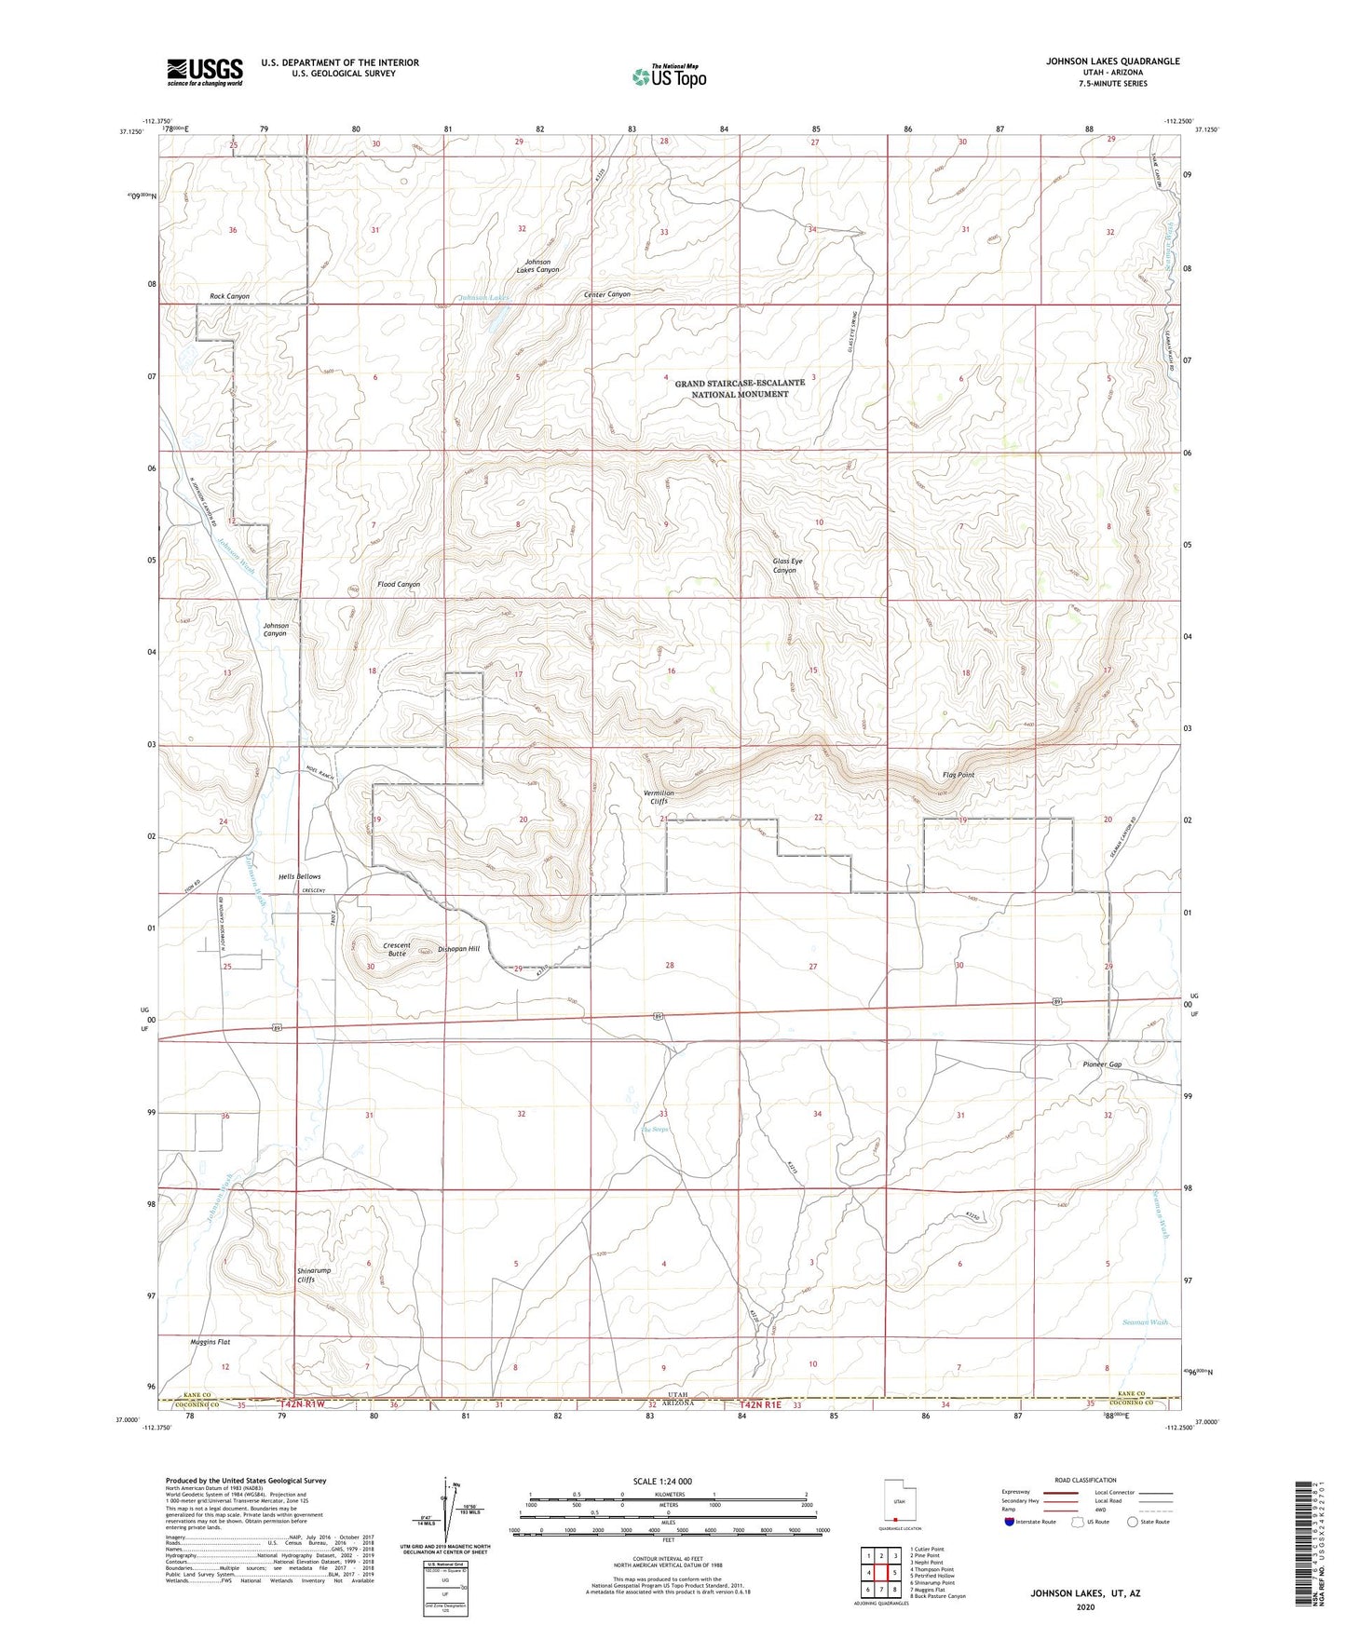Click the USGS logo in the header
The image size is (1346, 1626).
pyautogui.click(x=205, y=71)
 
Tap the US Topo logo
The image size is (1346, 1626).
pyautogui.click(x=668, y=76)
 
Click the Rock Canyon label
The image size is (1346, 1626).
pyautogui.click(x=229, y=296)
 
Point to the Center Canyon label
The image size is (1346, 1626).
pyautogui.click(x=606, y=294)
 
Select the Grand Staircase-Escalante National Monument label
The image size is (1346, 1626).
pyautogui.click(x=740, y=388)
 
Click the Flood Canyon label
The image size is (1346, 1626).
pyautogui.click(x=399, y=585)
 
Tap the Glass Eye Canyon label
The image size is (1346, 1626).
pyautogui.click(x=786, y=565)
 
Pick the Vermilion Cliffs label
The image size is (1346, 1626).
pyautogui.click(x=659, y=797)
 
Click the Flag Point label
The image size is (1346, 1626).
pyautogui.click(x=958, y=775)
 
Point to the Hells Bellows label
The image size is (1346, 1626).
pyautogui.click(x=300, y=876)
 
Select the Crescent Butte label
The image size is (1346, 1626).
pyautogui.click(x=397, y=949)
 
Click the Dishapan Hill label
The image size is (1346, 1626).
pyautogui.click(x=458, y=949)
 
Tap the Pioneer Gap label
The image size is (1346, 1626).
pyautogui.click(x=1102, y=1064)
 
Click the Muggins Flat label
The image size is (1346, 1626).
pyautogui.click(x=211, y=1342)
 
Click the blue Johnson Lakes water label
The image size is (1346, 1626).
pyautogui.click(x=483, y=298)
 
